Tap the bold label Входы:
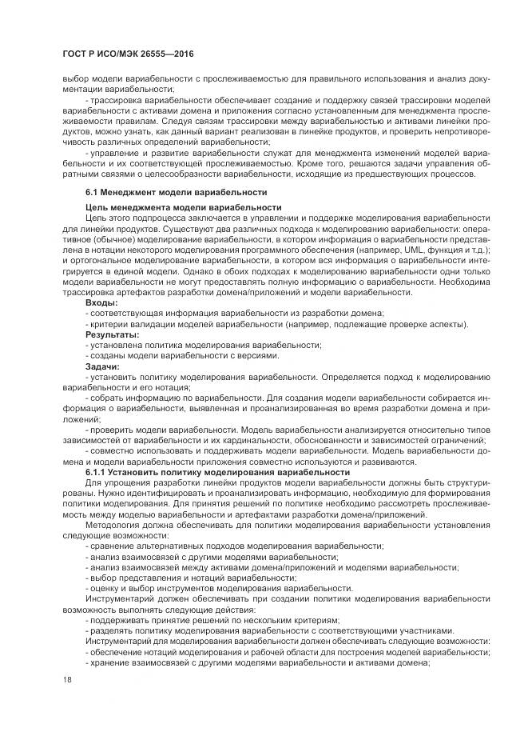101,303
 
